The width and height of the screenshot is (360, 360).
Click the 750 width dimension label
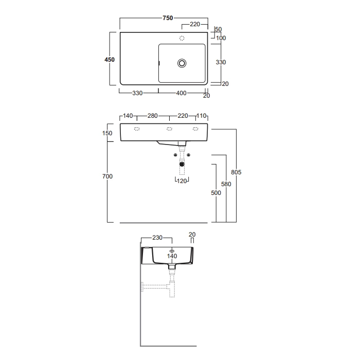[x=168, y=18]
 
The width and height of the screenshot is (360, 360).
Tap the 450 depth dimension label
[x=110, y=60]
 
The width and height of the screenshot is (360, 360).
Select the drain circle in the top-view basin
[x=182, y=63]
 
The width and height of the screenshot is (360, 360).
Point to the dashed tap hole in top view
[x=182, y=38]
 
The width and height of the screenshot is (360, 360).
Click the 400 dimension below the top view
[x=181, y=93]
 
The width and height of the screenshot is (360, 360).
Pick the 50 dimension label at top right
[x=219, y=29]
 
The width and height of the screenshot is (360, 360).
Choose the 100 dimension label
[x=221, y=38]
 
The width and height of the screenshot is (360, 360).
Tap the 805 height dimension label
[x=236, y=172]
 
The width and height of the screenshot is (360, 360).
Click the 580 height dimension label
[x=226, y=184]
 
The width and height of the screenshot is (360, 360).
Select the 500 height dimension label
[x=216, y=193]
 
